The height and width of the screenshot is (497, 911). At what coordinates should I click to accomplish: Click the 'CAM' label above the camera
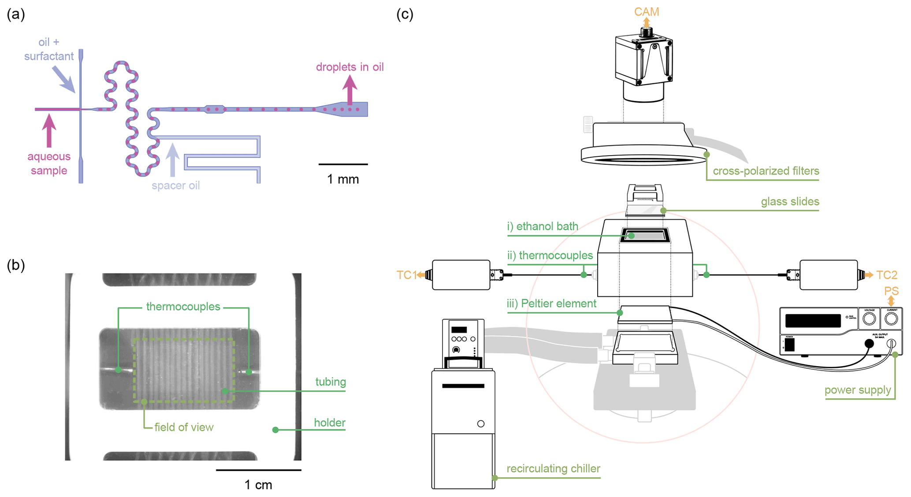(646, 12)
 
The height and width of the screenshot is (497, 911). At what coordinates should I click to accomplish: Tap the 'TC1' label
(406, 275)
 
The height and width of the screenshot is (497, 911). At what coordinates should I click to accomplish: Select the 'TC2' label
(887, 275)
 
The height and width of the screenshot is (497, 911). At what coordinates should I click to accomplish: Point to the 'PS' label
(891, 291)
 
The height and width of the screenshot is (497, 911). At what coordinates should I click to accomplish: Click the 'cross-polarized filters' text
(766, 171)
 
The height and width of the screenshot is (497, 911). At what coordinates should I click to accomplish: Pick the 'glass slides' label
(790, 202)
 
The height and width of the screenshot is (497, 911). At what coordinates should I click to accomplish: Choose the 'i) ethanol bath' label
(543, 226)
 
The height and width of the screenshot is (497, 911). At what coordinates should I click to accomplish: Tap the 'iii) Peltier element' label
(551, 304)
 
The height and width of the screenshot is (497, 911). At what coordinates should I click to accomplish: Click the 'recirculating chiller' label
(553, 468)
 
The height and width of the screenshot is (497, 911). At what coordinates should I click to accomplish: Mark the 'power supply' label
(857, 390)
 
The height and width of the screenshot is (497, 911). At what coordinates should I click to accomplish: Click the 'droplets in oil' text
(350, 67)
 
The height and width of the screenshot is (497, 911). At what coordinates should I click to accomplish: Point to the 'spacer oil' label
(175, 185)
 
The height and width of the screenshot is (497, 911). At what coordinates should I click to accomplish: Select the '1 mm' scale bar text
(343, 179)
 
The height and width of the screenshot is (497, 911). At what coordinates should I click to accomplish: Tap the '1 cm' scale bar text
(258, 485)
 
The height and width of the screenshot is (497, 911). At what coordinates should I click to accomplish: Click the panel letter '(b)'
(16, 265)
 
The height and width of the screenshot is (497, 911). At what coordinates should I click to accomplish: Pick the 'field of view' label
(184, 427)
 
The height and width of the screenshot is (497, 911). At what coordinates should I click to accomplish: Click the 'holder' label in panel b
(329, 423)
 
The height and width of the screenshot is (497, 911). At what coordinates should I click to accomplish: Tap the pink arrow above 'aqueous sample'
(49, 130)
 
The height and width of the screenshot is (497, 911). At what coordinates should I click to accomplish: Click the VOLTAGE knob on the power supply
(869, 319)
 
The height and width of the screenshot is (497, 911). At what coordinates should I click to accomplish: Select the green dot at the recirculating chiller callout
(495, 478)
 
